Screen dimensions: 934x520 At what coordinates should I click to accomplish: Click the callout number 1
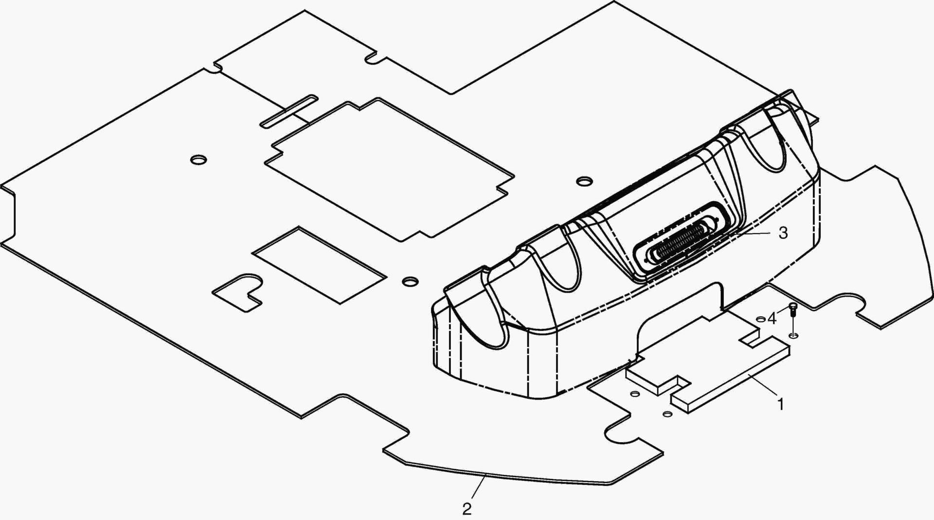coord(781,404)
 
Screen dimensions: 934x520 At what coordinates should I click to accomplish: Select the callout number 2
coord(467,509)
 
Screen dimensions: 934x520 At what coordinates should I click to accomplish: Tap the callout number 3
coord(783,233)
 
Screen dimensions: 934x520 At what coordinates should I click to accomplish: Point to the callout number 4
coord(772,319)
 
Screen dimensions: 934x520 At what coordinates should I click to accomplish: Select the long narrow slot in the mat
coord(289,111)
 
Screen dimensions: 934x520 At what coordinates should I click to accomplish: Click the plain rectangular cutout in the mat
coord(319,264)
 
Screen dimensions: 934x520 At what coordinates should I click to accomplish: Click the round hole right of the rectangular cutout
coord(411,281)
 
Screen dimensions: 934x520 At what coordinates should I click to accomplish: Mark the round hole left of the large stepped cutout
coord(198,159)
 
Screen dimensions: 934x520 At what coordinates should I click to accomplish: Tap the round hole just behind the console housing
coord(585,181)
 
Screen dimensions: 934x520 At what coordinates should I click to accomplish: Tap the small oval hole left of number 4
coord(761,319)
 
